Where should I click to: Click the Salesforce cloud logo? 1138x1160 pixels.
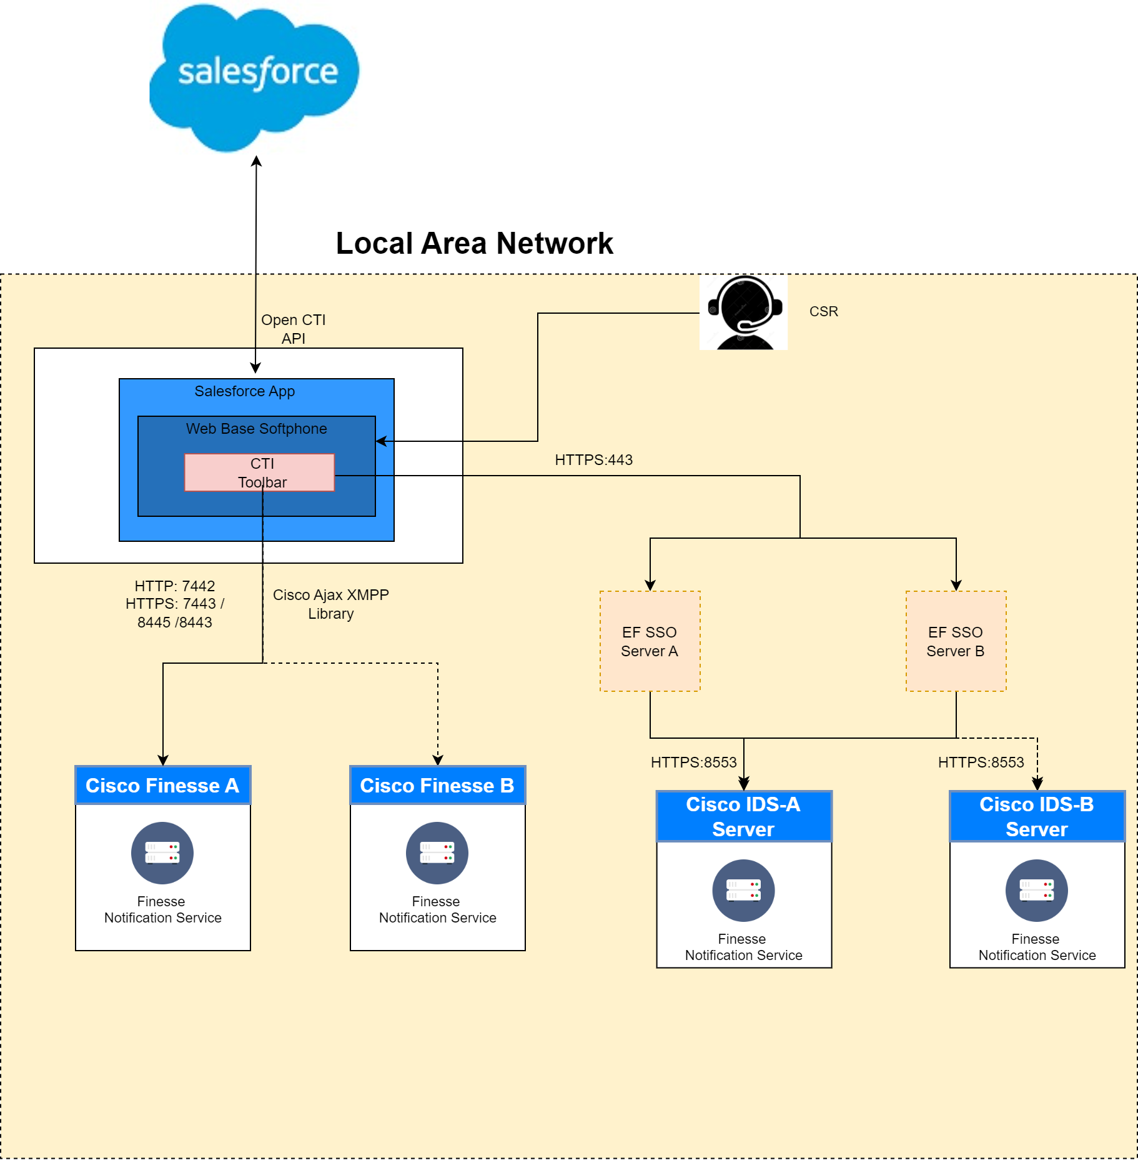(255, 76)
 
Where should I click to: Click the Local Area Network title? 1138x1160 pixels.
(474, 243)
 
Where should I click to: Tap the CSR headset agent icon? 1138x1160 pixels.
(743, 312)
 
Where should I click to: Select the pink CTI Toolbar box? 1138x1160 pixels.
(259, 472)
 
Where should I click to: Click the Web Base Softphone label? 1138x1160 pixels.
(256, 429)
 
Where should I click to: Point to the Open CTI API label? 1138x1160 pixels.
(293, 329)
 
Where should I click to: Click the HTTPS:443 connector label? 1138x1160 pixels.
(593, 460)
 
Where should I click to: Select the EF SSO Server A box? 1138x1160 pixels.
(650, 641)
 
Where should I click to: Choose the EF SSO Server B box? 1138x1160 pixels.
(956, 641)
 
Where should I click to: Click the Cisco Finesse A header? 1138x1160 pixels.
(162, 786)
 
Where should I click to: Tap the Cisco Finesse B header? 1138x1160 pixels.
(437, 786)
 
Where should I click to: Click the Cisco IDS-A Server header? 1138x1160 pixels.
(743, 816)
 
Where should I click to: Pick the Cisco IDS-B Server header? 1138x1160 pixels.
(1037, 816)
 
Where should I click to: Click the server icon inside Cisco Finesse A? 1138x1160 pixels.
(162, 852)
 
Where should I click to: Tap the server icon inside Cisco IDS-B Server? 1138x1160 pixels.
(1037, 890)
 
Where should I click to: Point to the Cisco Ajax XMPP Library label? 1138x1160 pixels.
(330, 604)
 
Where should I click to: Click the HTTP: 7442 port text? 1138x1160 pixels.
(175, 586)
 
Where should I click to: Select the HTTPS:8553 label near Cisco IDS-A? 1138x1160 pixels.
(693, 762)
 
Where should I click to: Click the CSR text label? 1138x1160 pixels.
(823, 311)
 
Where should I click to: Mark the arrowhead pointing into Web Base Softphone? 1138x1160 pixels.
(380, 441)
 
